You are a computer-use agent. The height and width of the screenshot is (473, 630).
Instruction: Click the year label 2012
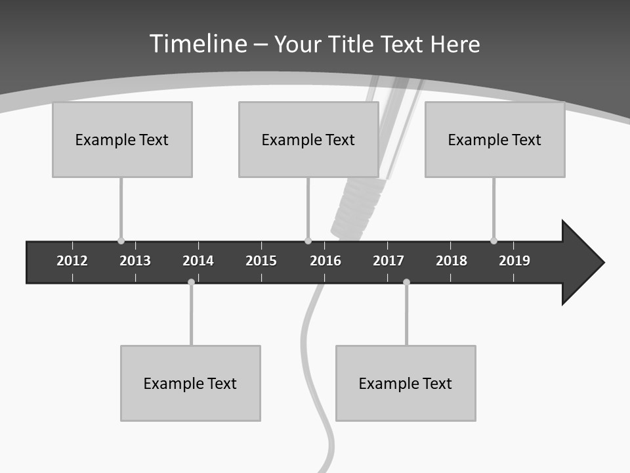click(x=72, y=261)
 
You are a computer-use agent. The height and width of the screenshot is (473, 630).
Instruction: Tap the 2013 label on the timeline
click(x=135, y=261)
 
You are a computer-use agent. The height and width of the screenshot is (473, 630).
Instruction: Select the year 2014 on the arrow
click(x=198, y=261)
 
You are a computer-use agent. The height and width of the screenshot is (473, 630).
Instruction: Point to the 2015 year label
click(x=261, y=261)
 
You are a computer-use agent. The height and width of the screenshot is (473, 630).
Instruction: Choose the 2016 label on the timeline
click(x=325, y=261)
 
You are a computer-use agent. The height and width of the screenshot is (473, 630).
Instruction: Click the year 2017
click(x=388, y=261)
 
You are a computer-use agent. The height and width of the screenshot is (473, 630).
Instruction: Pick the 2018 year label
click(x=451, y=261)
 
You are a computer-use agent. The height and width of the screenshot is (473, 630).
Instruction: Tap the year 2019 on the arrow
click(x=514, y=261)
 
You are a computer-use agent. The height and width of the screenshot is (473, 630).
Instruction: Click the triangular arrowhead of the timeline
click(x=581, y=262)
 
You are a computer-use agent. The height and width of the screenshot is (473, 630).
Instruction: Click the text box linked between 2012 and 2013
click(x=122, y=139)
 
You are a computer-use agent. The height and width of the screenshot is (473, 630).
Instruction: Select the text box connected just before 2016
click(x=308, y=139)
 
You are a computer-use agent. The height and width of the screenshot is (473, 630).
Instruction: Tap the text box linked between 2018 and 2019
click(x=495, y=139)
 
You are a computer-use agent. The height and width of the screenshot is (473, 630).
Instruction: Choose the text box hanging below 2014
click(x=190, y=383)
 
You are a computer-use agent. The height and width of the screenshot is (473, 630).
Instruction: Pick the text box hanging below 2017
click(x=406, y=383)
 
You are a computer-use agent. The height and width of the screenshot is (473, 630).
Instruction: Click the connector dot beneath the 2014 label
click(x=191, y=282)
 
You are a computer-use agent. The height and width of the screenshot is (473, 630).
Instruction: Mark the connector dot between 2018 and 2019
click(x=493, y=240)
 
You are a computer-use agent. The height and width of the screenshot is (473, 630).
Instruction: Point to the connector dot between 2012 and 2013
click(x=121, y=240)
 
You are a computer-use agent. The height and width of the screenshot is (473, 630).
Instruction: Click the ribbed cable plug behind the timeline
click(x=357, y=207)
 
